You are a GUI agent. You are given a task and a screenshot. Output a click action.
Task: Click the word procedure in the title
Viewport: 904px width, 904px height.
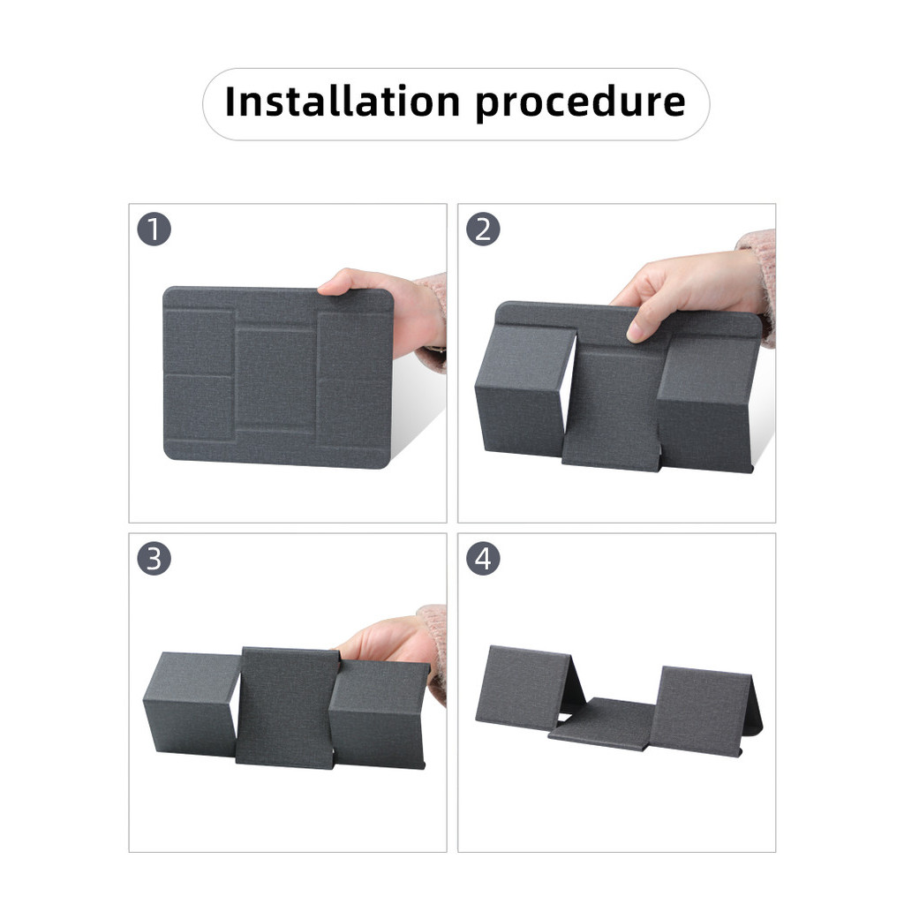pos(581,104)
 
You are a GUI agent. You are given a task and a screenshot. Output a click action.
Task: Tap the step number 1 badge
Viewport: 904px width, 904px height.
pos(154,230)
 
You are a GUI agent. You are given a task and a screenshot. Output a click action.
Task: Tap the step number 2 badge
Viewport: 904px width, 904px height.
pos(483,230)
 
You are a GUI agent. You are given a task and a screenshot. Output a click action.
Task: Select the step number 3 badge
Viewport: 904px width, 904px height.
pos(154,559)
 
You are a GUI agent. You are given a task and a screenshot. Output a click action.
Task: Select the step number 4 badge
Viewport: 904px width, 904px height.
pos(483,559)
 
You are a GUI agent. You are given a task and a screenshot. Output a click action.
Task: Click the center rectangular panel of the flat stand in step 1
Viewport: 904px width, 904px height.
pos(275,378)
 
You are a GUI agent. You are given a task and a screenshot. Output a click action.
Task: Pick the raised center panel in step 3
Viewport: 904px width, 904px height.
pos(287,707)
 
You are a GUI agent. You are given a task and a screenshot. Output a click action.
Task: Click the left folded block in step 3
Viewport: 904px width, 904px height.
pos(192,704)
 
